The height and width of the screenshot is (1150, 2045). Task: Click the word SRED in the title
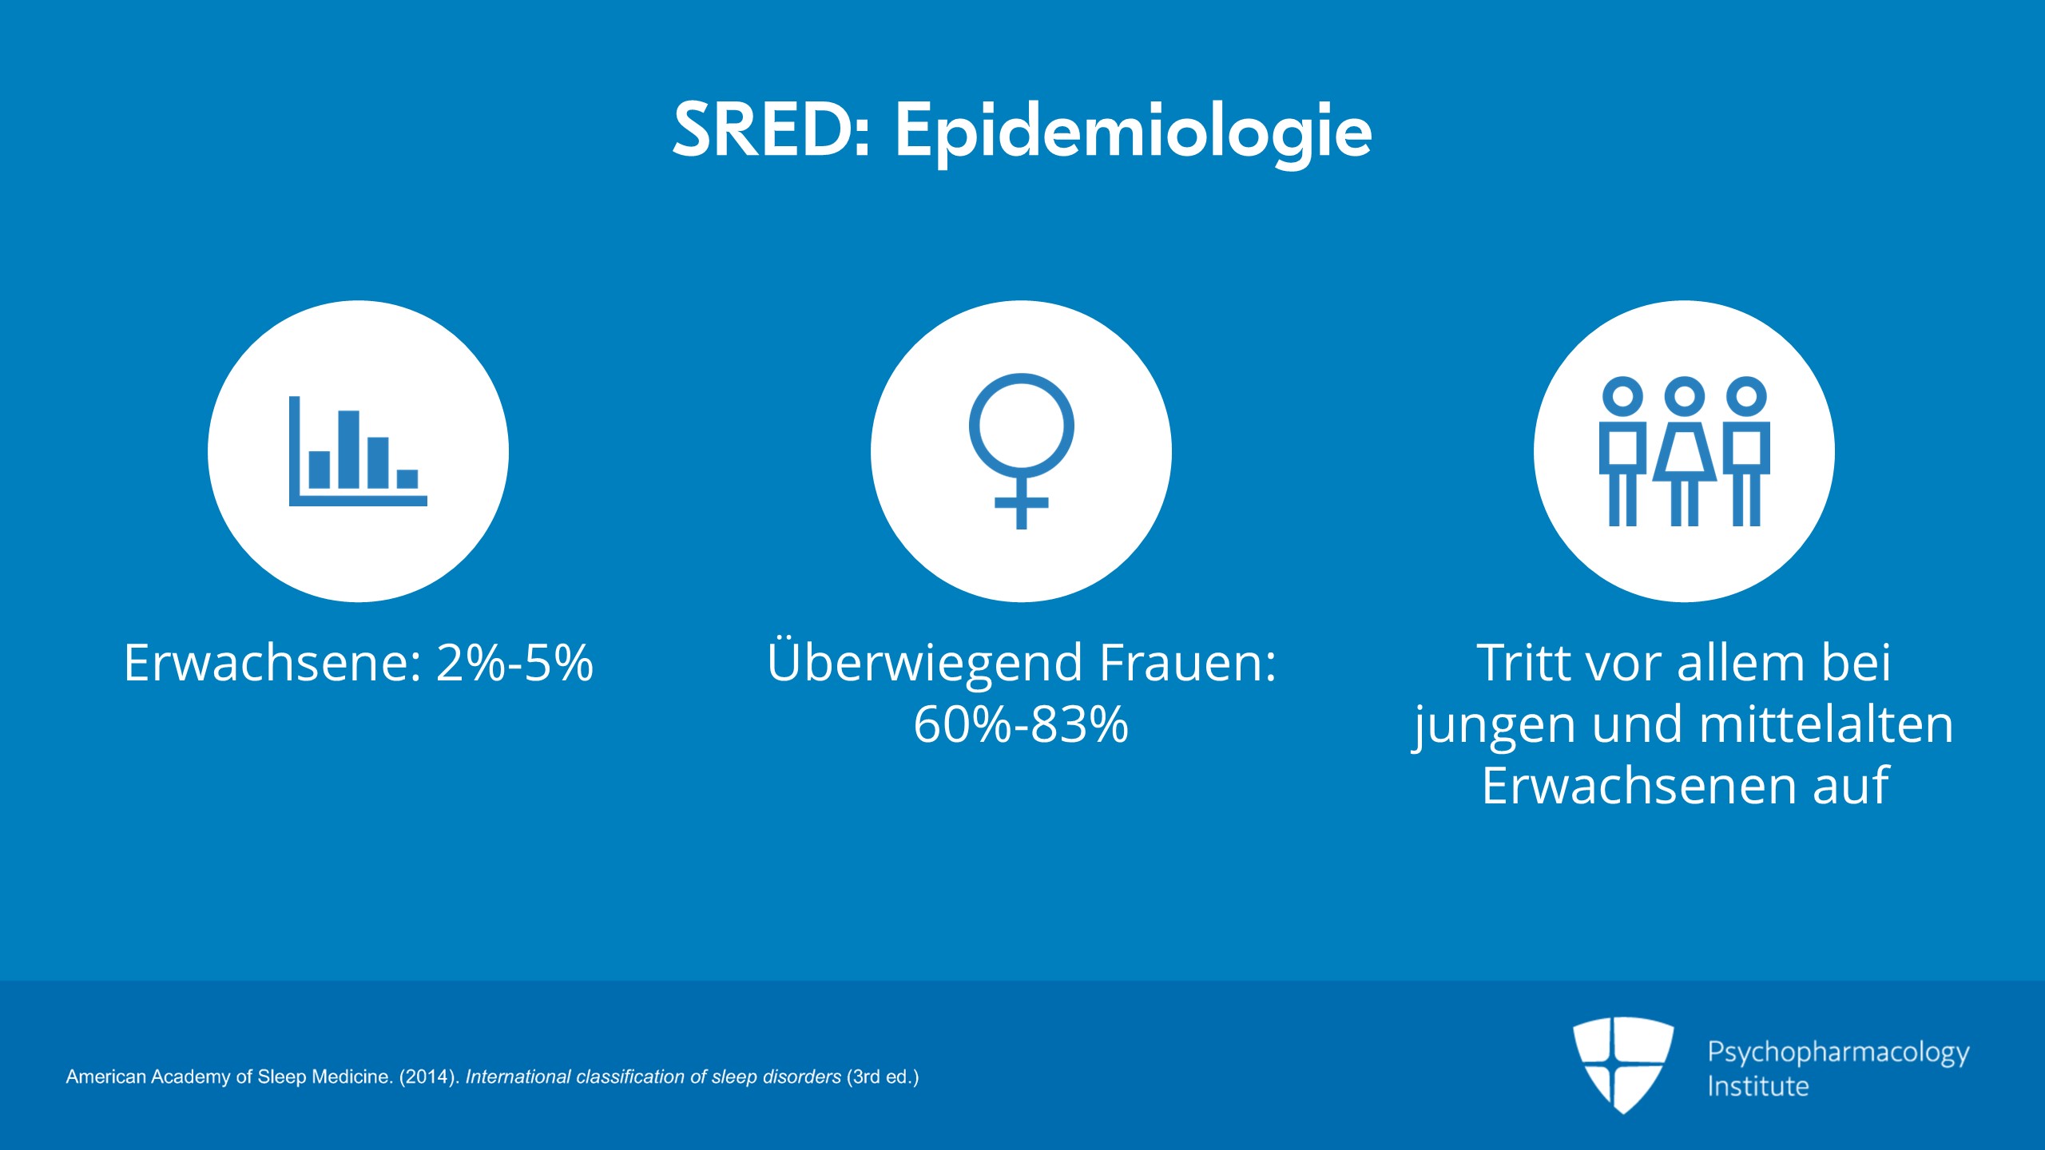coord(764,129)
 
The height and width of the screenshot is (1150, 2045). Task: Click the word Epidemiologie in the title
coord(1134,134)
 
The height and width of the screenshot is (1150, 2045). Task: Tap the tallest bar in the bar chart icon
coord(348,449)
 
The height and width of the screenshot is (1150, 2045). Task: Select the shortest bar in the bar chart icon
coord(407,478)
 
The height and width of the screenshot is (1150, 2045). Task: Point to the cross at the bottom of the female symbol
coord(1021,503)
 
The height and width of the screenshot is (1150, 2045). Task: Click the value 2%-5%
coord(514,662)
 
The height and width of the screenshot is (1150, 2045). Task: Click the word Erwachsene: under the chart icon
coord(272,662)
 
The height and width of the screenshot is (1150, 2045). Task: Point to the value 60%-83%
coord(1021,724)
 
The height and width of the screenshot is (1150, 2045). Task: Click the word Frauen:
coord(1188,662)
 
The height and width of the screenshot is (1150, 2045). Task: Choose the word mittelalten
coord(1826,724)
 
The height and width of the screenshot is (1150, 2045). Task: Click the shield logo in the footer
coord(1623,1065)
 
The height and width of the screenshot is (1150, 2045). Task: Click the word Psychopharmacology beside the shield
coord(1838,1053)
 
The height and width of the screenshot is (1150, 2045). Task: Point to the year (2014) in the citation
coord(429,1077)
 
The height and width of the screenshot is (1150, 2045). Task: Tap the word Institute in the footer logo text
coord(1757,1086)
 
